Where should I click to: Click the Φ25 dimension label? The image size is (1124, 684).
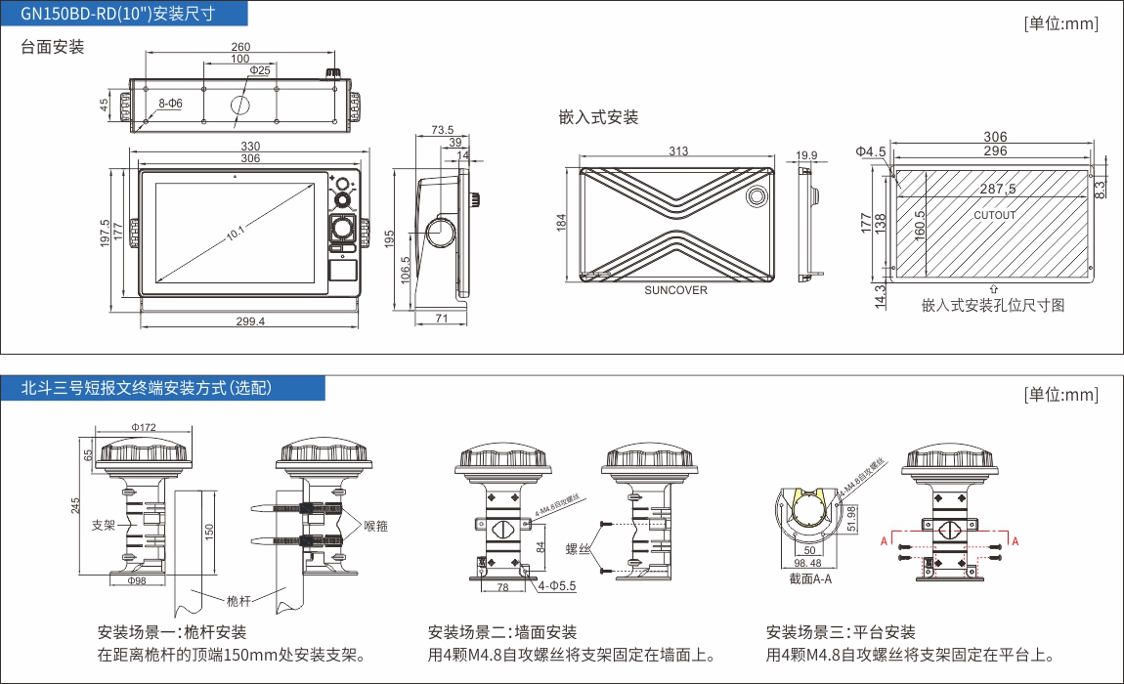[260, 71]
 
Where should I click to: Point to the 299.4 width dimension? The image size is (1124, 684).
[250, 321]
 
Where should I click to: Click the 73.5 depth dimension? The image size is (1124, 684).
[442, 130]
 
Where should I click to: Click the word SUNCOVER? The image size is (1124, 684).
[675, 290]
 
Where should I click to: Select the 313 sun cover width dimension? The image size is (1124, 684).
[678, 150]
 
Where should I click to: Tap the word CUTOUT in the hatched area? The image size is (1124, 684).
[995, 215]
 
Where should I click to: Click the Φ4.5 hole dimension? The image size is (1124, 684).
[870, 151]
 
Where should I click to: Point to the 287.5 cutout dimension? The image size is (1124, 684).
[998, 189]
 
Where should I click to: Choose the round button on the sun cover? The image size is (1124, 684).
[757, 196]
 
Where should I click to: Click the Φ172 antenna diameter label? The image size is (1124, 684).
[144, 427]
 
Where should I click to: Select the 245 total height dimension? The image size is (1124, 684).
[76, 505]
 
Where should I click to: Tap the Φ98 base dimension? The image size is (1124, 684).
[137, 580]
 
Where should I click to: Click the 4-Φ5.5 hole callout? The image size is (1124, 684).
[556, 586]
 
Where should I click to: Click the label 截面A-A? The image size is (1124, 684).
[810, 578]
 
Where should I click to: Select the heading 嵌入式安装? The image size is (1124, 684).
[598, 117]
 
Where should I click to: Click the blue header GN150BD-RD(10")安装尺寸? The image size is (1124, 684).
[124, 14]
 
